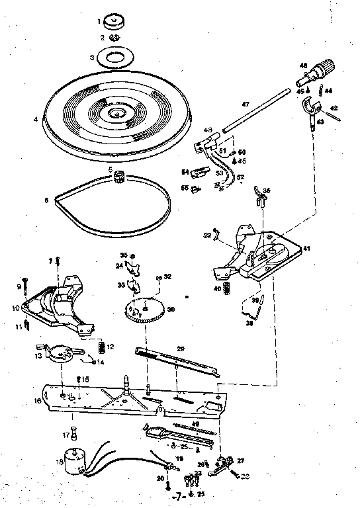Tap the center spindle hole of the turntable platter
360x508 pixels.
(118, 114)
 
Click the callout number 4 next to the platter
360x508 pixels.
(34, 120)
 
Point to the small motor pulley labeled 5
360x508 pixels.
(120, 176)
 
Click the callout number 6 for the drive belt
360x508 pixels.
(46, 198)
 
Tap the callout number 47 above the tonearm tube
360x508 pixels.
(245, 105)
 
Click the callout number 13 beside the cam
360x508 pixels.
(38, 356)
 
